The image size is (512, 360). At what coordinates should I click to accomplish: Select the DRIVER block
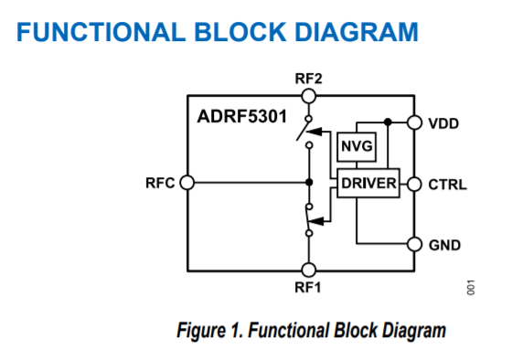tap(368, 184)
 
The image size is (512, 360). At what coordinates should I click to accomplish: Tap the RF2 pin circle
tap(309, 94)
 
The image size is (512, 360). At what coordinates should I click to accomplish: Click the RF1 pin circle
tap(309, 269)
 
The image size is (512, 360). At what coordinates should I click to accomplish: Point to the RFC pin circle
tap(187, 183)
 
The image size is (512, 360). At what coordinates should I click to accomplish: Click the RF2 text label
tap(308, 79)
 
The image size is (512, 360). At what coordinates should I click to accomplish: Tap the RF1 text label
tap(308, 286)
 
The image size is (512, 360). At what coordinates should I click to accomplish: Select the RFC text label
tap(160, 183)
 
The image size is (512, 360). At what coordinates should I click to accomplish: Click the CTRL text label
tap(448, 185)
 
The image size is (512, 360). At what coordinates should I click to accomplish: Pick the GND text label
tap(444, 245)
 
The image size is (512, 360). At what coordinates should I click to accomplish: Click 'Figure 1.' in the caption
tap(206, 331)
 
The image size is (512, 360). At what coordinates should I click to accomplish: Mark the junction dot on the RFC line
tap(310, 183)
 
